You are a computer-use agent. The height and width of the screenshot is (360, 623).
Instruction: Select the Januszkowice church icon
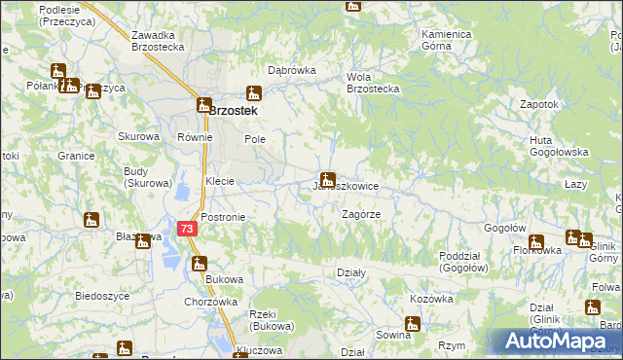(328, 179)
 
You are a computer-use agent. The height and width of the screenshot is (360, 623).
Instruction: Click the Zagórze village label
(360, 213)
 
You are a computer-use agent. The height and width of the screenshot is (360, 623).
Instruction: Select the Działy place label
(350, 273)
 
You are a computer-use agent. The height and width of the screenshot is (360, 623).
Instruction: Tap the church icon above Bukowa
(200, 263)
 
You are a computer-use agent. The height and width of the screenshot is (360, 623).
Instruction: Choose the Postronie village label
(223, 217)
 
